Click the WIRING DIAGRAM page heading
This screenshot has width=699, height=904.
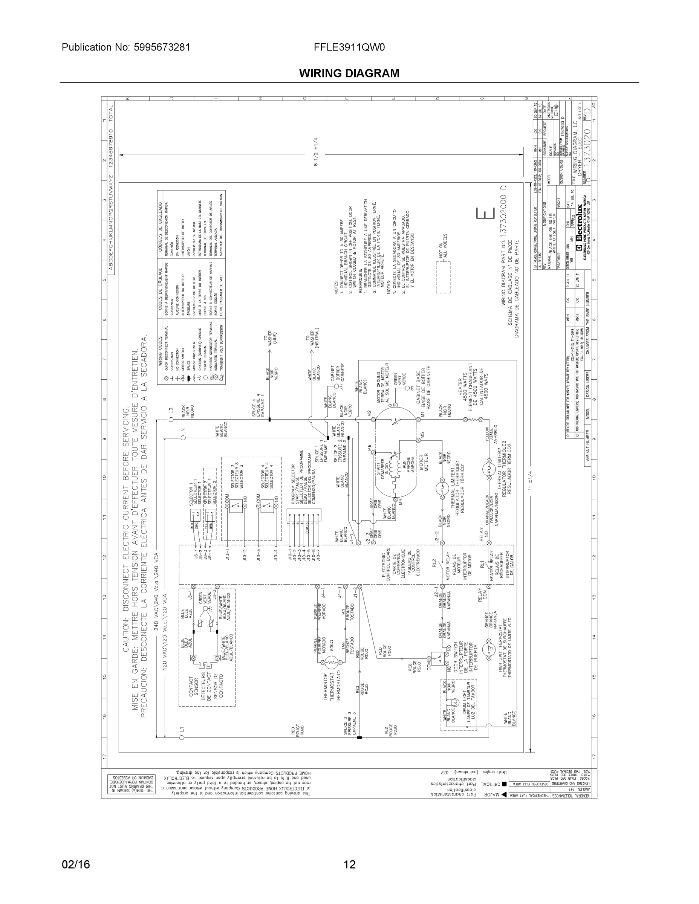(349, 73)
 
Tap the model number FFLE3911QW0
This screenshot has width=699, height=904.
(349, 47)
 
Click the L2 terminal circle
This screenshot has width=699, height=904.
(171, 420)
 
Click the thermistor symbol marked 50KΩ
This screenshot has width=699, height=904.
(331, 663)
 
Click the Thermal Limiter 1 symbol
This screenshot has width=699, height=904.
(442, 489)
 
